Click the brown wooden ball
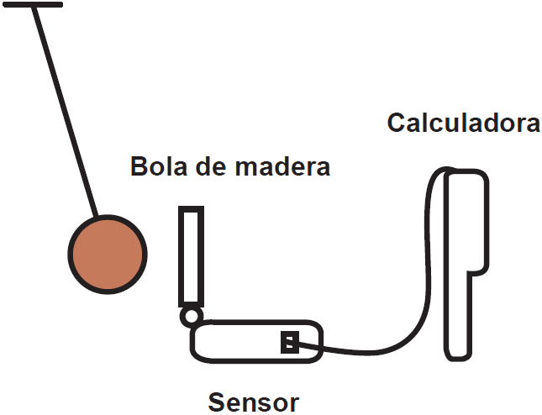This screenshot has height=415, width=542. [108, 253]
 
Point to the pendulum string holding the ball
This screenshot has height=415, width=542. [68, 110]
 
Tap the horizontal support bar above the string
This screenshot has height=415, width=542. [34, 4]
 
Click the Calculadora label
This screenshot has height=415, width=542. [463, 123]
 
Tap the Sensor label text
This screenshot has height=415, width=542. [253, 402]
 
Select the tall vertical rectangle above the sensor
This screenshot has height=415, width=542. [191, 256]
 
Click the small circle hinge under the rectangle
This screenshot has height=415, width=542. [191, 316]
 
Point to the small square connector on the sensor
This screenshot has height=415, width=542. [289, 343]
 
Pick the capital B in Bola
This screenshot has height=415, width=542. [139, 166]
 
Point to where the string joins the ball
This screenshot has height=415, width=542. [97, 215]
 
